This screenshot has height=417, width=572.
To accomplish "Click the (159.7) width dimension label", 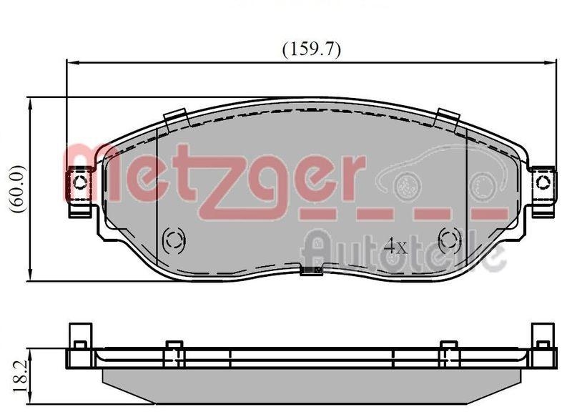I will coord(312,49).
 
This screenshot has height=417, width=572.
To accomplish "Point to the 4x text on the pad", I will coord(395,246).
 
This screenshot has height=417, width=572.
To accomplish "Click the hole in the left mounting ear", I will coord(79,182).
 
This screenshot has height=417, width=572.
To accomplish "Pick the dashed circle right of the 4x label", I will coord(450,239).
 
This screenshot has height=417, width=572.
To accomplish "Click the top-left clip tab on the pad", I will coord(175,118).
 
